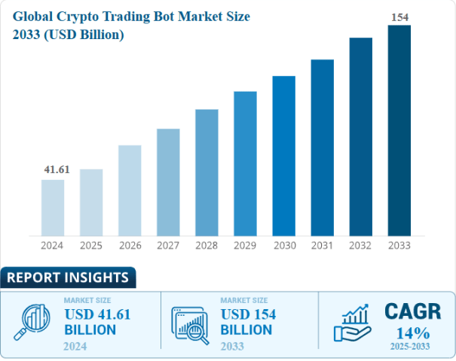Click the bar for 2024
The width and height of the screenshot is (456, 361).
coord(53,207)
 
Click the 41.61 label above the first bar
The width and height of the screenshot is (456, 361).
coord(57,170)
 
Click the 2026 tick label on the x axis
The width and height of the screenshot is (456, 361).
coord(130,245)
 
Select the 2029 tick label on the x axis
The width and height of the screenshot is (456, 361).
coord(245,245)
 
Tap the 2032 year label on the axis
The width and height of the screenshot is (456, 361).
coord(360,245)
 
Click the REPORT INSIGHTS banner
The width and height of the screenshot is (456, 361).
coord(68,278)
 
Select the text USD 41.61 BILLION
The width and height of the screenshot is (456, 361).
coord(97,322)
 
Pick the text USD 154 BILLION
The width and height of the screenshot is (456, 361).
coord(248,322)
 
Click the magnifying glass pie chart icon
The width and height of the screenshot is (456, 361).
coord(32,322)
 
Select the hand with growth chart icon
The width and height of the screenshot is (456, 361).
coord(352,322)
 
